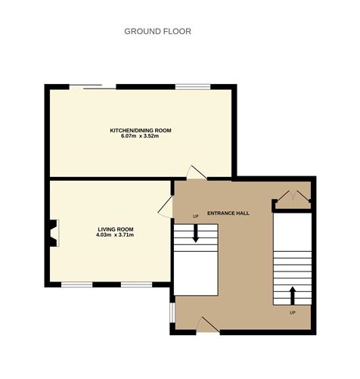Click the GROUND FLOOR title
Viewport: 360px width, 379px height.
click(157, 31)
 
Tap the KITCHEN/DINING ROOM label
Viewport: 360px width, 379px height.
click(141, 130)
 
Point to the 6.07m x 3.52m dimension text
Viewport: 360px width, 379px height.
click(140, 136)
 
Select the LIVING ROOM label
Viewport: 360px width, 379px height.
click(116, 229)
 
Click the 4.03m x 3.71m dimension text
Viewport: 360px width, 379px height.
click(115, 235)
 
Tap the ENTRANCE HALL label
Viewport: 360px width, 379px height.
click(228, 213)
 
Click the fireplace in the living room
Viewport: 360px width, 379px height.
click(54, 233)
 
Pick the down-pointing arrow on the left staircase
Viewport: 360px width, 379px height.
click(196, 233)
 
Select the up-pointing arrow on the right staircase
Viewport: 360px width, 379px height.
click(293, 296)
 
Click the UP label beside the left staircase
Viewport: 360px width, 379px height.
click(196, 216)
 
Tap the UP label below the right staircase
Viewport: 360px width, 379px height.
click(293, 312)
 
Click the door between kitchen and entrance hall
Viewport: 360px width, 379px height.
click(197, 172)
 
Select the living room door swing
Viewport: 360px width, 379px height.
click(166, 207)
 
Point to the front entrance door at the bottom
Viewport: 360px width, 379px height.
click(208, 325)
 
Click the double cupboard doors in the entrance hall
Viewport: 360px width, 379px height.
click(293, 196)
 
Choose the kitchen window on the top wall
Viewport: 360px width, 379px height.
click(193, 87)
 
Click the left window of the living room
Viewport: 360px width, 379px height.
click(77, 284)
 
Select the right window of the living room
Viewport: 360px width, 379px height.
click(136, 284)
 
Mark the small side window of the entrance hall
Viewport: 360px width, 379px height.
click(172, 312)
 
